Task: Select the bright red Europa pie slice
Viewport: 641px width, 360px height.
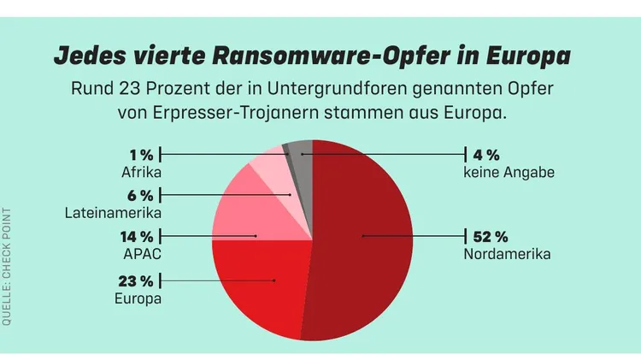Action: (x=261, y=282)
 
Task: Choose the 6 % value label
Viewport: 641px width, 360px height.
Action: (x=139, y=194)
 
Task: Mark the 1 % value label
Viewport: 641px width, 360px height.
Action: (x=141, y=155)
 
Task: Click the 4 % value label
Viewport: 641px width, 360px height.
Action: (x=485, y=155)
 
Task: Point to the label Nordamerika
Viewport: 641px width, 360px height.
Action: (x=507, y=254)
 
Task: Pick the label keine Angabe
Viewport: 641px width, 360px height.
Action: (x=509, y=172)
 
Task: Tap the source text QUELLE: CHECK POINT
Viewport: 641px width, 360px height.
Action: (x=7, y=265)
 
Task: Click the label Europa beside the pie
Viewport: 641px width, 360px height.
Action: (x=138, y=298)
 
